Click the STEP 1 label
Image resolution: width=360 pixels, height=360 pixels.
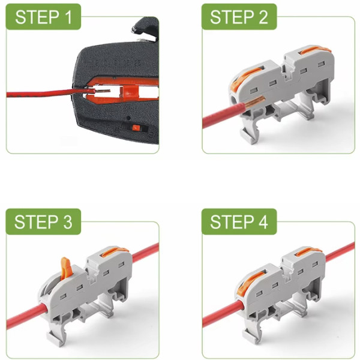(43, 17)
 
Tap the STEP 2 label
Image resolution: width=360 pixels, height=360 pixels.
(239, 17)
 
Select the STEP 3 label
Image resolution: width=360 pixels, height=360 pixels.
(43, 222)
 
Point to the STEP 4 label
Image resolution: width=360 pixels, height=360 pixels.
(239, 222)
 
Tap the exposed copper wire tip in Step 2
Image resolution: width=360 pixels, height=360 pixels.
(256, 102)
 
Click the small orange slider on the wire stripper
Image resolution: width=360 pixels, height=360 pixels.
(136, 128)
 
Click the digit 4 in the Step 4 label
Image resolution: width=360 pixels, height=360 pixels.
(263, 222)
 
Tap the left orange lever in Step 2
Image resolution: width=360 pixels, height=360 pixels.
(244, 78)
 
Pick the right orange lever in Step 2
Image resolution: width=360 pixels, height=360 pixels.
(315, 50)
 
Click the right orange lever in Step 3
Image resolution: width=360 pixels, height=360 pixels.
(115, 251)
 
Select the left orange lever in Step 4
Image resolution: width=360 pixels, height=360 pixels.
(250, 280)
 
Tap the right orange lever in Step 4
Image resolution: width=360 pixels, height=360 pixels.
(308, 251)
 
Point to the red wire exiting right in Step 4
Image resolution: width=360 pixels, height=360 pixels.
(340, 252)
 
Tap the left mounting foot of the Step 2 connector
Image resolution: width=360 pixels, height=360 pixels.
(249, 136)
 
